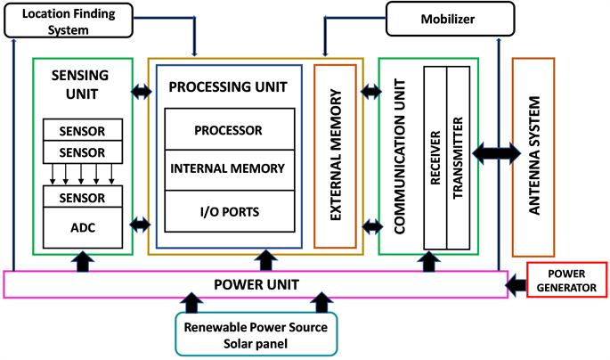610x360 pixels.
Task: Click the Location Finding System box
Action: click(68, 20)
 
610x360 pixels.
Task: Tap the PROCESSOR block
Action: click(228, 130)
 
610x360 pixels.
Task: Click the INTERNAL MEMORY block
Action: click(228, 168)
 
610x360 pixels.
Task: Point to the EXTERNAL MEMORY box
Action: click(335, 156)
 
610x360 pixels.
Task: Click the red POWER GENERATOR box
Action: click(567, 280)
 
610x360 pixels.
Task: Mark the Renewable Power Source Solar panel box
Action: click(256, 334)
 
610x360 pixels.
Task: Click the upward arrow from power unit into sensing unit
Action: click(83, 260)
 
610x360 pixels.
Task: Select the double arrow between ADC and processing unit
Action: click(141, 224)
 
